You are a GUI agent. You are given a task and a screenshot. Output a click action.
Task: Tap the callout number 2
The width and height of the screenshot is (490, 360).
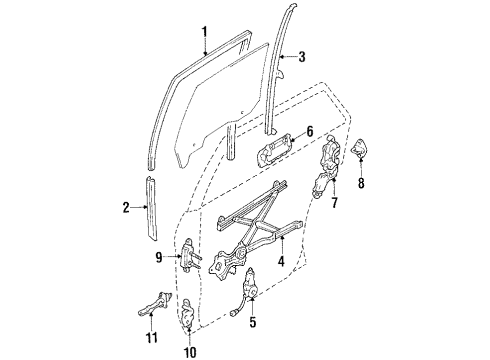tap(127, 209)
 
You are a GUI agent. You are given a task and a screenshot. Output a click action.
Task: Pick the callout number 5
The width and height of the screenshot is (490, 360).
tap(252, 323)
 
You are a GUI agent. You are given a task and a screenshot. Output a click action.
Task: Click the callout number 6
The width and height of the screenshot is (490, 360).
tap(309, 131)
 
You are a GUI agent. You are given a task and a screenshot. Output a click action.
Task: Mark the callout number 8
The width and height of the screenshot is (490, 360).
tap(361, 183)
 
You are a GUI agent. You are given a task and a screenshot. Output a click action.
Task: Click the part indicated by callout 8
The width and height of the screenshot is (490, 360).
tap(361, 150)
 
